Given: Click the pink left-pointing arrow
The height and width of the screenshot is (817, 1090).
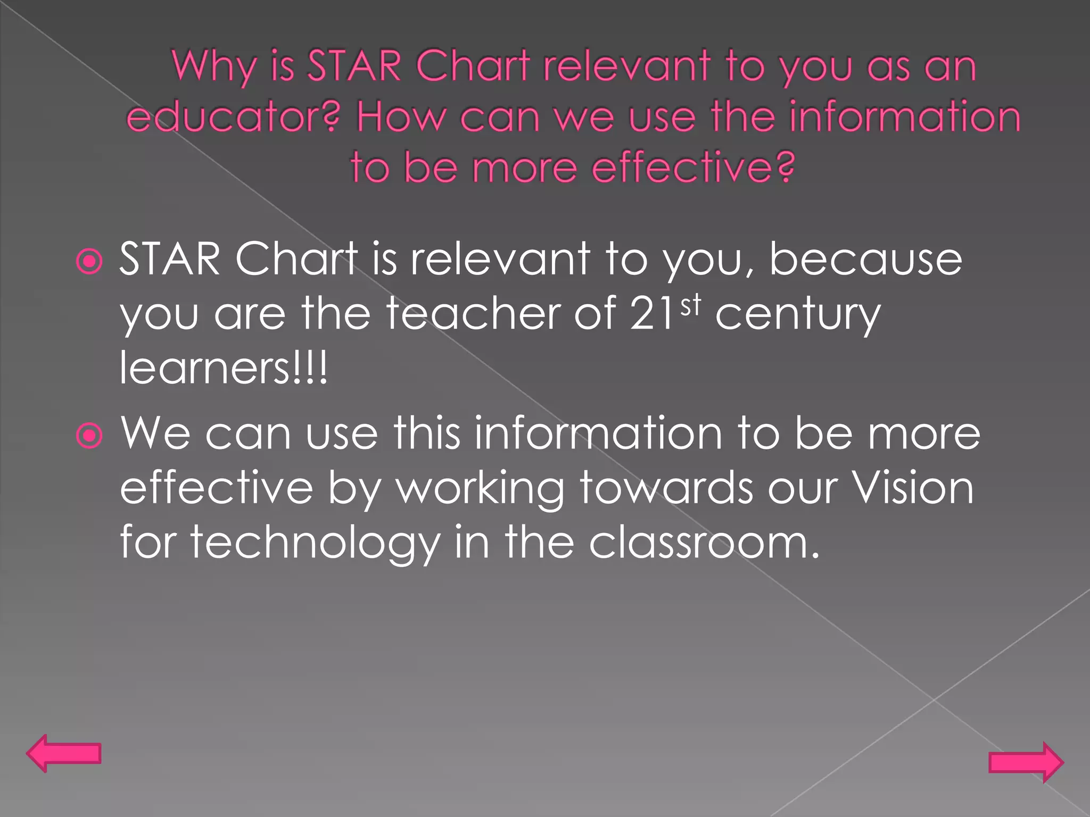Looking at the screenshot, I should (63, 753).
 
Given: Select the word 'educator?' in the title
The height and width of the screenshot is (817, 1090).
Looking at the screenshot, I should (233, 117).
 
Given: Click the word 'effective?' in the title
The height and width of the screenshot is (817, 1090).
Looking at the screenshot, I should (693, 167).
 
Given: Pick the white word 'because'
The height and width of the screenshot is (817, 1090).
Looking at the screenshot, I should (865, 260).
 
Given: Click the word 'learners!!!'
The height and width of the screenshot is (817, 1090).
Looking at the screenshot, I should (224, 368).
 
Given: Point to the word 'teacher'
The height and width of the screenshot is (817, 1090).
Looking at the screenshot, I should (473, 314).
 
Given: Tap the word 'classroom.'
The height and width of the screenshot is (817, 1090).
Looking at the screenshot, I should (704, 543).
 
